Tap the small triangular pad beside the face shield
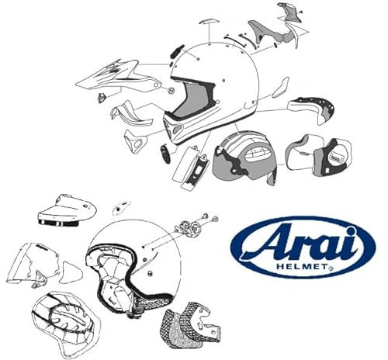[71, 269]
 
